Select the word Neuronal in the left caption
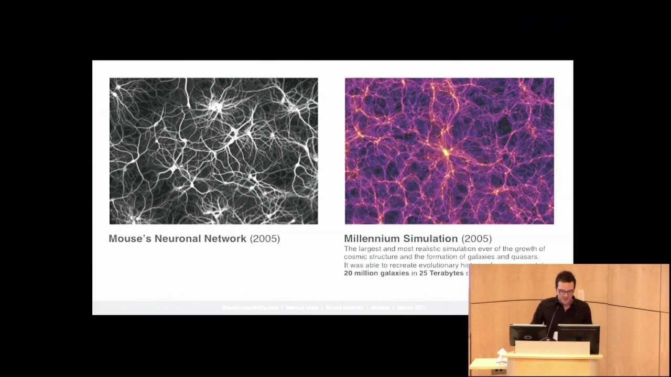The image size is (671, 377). (177, 239)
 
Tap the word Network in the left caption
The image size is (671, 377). (225, 239)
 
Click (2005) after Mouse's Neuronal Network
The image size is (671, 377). (265, 239)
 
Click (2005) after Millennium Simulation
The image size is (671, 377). (477, 239)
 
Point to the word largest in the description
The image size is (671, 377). (370, 249)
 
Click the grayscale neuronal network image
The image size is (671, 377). (213, 151)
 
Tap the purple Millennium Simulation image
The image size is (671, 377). (449, 151)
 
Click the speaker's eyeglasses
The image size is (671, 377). (565, 291)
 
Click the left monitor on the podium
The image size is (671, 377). (527, 333)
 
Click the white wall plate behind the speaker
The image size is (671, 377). (580, 295)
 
